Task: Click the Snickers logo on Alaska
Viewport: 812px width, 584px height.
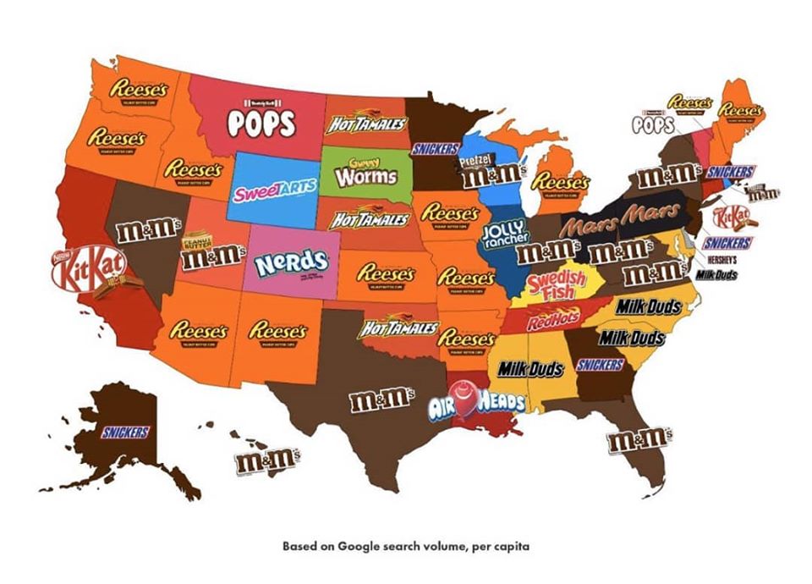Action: point(125,432)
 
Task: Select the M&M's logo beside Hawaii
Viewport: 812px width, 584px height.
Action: point(267,460)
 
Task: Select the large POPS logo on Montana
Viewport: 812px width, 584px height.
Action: point(261,121)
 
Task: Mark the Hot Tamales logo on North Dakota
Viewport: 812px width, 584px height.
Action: point(365,124)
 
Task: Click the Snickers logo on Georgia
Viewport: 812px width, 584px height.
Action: point(601,365)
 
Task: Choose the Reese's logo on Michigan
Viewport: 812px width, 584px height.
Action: point(559,180)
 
